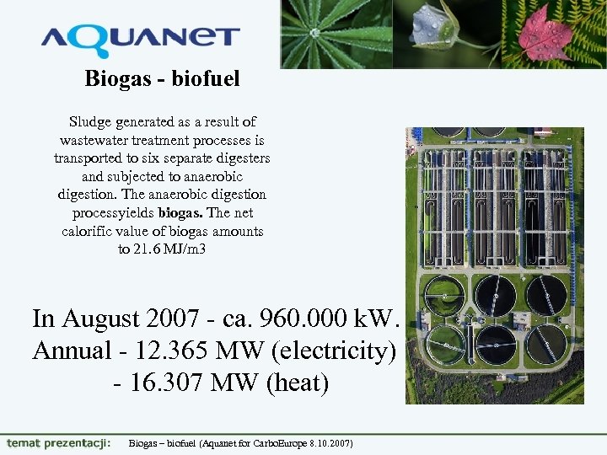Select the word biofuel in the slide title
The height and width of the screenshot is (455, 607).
click(x=207, y=79)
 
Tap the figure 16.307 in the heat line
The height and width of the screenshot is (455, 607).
click(x=174, y=383)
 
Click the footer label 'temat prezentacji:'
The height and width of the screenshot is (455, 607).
click(x=58, y=442)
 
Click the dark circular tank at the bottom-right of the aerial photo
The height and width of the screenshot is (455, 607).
click(x=545, y=343)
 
